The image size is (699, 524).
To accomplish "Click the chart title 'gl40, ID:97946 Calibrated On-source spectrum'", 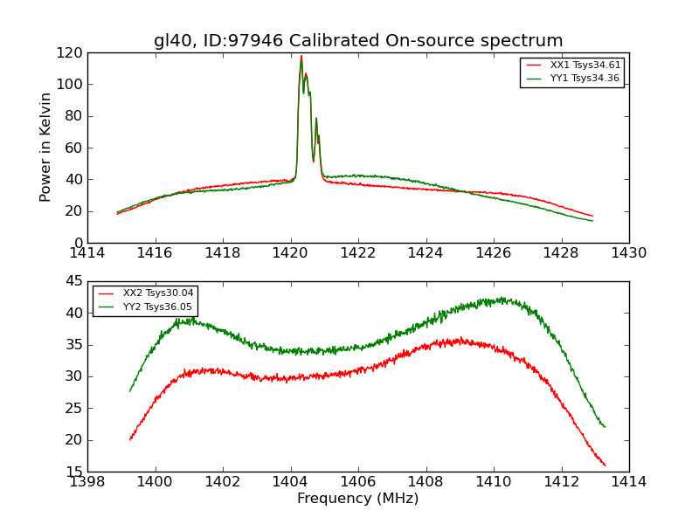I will tap(358, 41).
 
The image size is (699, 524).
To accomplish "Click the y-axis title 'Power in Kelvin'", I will tap(46, 147).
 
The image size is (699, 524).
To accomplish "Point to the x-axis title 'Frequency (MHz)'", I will tap(358, 499).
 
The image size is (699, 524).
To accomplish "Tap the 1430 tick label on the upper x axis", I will tap(629, 253).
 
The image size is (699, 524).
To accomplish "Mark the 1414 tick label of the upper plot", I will tap(88, 253).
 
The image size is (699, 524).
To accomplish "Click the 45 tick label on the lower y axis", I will tap(75, 281).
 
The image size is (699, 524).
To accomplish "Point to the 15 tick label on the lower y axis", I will tap(75, 472).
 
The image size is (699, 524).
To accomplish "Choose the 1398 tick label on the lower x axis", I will tap(88, 481).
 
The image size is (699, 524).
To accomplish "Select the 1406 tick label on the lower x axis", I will tap(358, 481).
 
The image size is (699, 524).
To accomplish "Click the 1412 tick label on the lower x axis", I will tap(561, 481).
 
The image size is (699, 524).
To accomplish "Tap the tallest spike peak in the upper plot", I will tap(301, 56).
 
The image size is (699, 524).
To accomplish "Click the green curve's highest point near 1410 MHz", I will tap(502, 298).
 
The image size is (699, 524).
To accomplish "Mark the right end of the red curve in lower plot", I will tap(605, 465).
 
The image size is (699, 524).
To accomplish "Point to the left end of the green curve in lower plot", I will tap(130, 390).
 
